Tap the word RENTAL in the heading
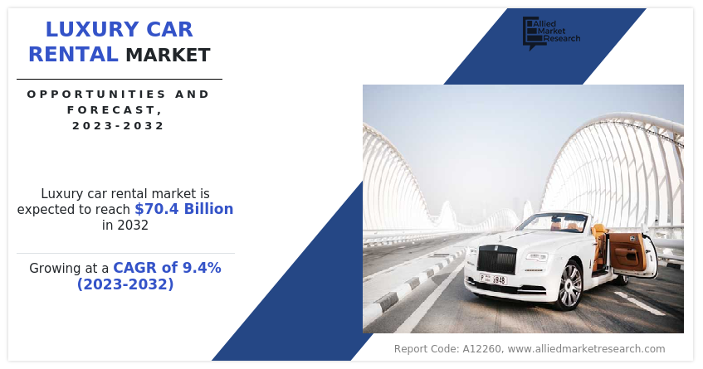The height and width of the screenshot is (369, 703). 73,55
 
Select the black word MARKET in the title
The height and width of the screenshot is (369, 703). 168,56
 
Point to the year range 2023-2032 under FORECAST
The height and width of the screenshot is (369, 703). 119,126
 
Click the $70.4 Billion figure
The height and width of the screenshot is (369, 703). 183,209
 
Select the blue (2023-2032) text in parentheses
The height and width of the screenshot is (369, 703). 125,284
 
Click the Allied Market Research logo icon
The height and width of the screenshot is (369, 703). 532,32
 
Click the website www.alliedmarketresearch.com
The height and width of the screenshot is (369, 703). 587,349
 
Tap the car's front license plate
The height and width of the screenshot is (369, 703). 493,279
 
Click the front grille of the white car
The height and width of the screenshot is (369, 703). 497,260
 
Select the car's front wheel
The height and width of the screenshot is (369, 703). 569,285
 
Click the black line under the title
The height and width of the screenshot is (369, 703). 120,80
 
